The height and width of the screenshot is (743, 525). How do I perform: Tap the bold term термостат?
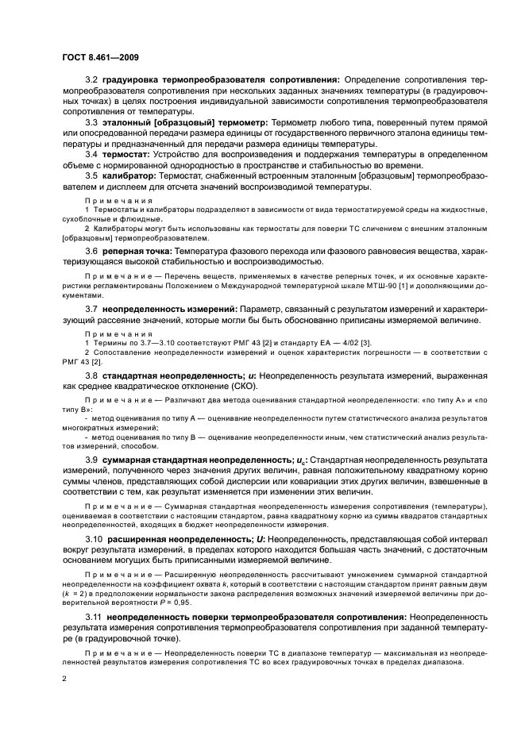(127, 153)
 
